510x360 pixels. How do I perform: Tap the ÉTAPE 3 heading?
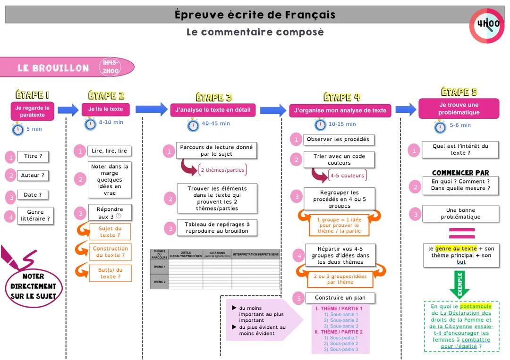(213, 97)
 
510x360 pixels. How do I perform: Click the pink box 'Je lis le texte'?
(105, 109)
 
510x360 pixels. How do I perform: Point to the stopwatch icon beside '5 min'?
(18, 129)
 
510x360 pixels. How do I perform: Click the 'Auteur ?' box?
(33, 175)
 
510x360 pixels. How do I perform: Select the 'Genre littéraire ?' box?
(35, 216)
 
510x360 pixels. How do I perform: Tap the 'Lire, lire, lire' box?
(109, 151)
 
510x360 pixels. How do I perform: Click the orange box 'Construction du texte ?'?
(110, 252)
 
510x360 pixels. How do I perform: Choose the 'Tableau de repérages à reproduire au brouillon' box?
(217, 228)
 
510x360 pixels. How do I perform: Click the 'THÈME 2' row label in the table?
(159, 282)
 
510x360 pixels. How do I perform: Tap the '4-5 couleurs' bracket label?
(347, 176)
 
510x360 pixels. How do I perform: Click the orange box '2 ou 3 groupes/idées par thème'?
(340, 279)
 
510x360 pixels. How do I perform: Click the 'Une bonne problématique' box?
(460, 214)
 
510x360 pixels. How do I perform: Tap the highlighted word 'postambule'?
(476, 306)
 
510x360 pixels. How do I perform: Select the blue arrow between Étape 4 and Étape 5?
(406, 110)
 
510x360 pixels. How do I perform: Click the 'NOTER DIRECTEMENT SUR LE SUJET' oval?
(34, 286)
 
